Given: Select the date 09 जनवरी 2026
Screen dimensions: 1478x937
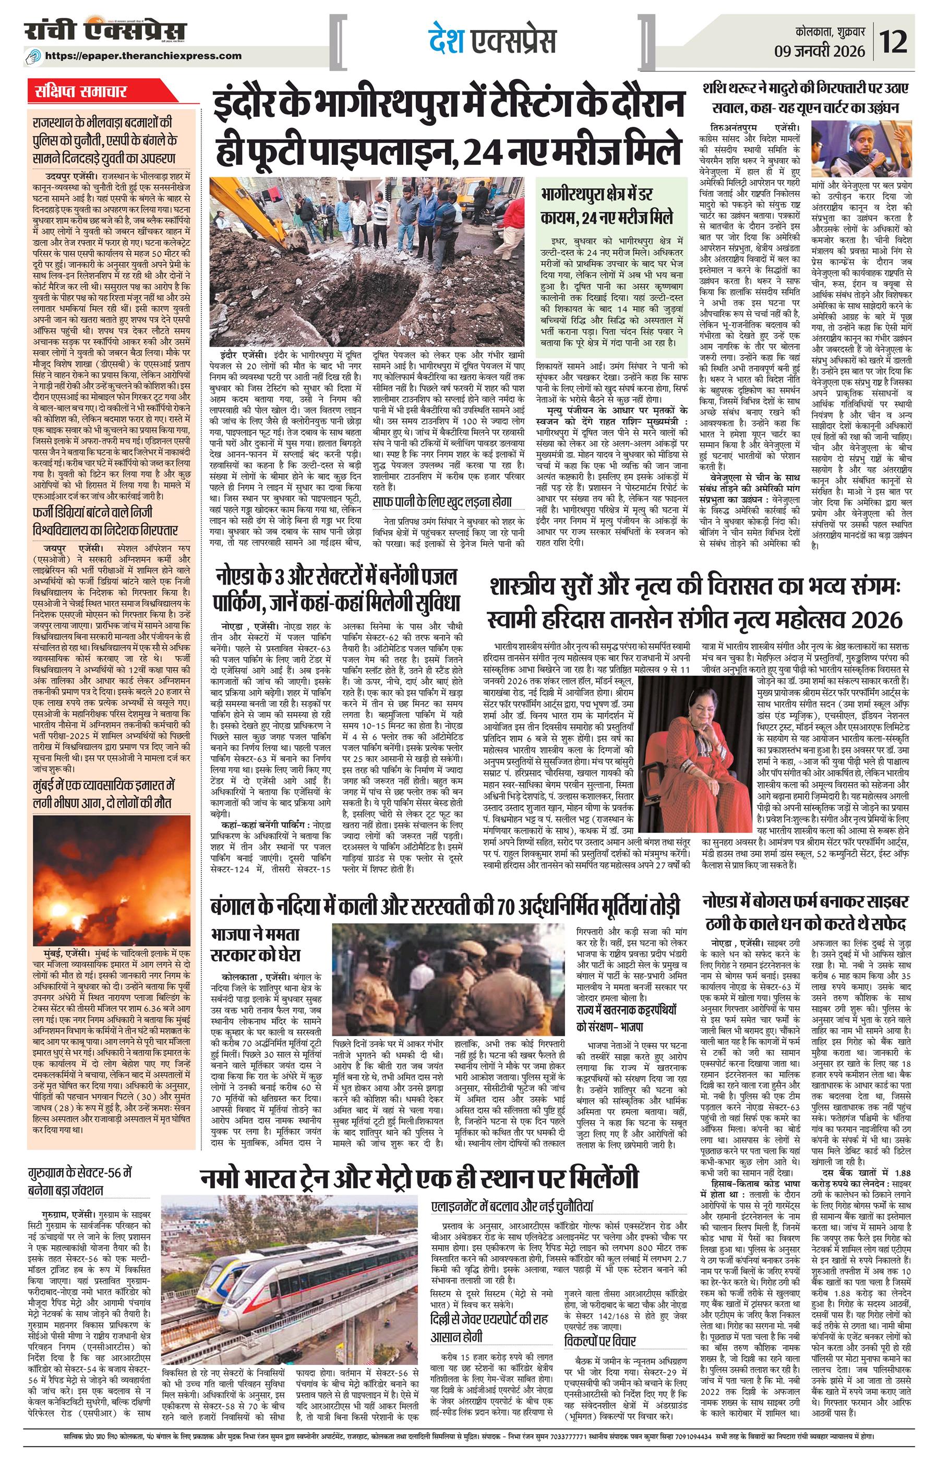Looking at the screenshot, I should tap(828, 50).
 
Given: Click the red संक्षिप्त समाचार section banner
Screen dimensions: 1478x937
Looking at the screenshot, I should tap(80, 92).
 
